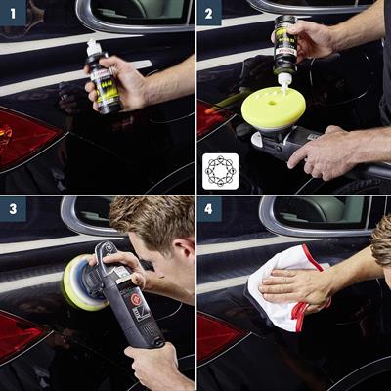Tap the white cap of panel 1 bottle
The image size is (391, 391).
pos(94,46)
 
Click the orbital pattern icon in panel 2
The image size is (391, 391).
pos(220,170)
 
